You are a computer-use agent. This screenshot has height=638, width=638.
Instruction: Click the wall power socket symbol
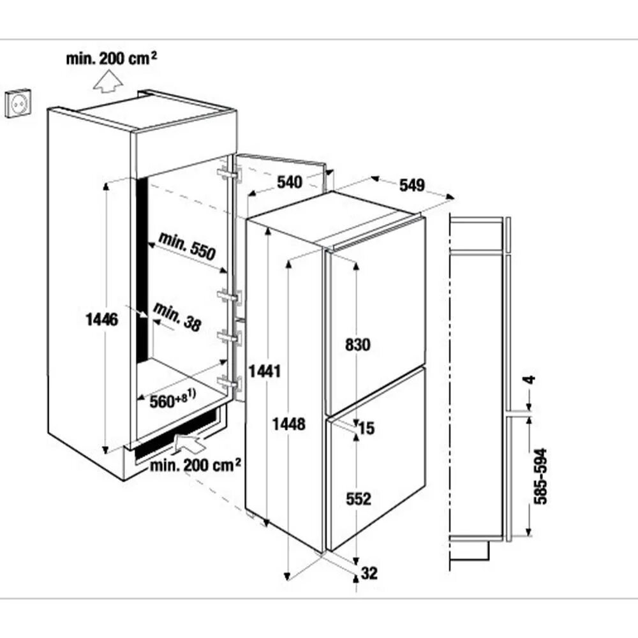pos(18,104)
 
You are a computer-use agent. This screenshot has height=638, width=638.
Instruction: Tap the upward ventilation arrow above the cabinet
pos(108,82)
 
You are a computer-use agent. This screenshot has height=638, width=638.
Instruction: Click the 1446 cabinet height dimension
pos(101,320)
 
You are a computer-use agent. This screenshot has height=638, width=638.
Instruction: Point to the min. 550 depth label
pos(187,246)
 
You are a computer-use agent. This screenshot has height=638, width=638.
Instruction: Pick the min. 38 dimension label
pos(177,316)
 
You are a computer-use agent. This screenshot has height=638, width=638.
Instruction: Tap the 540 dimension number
pos(290,182)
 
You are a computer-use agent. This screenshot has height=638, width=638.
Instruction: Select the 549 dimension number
pos(412,185)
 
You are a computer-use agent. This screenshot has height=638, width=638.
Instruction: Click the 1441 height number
pos(265,371)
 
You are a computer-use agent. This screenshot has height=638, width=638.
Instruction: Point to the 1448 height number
pos(288,424)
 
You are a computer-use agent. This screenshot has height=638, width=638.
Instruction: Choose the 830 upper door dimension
pos(358,345)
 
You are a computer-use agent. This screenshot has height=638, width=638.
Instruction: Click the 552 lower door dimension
pos(359,499)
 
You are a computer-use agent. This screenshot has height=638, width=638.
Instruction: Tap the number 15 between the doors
pos(366,428)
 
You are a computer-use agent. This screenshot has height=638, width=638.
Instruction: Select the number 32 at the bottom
pos(369,574)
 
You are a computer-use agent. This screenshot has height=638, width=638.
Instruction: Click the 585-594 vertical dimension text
pos(540,477)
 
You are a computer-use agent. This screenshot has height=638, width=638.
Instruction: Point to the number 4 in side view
pos(530,380)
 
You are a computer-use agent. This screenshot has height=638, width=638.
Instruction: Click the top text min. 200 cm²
pos(112,58)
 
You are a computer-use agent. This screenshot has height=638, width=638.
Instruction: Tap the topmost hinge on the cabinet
pos(229,174)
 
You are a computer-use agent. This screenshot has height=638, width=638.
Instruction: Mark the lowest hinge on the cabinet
pos(229,382)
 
